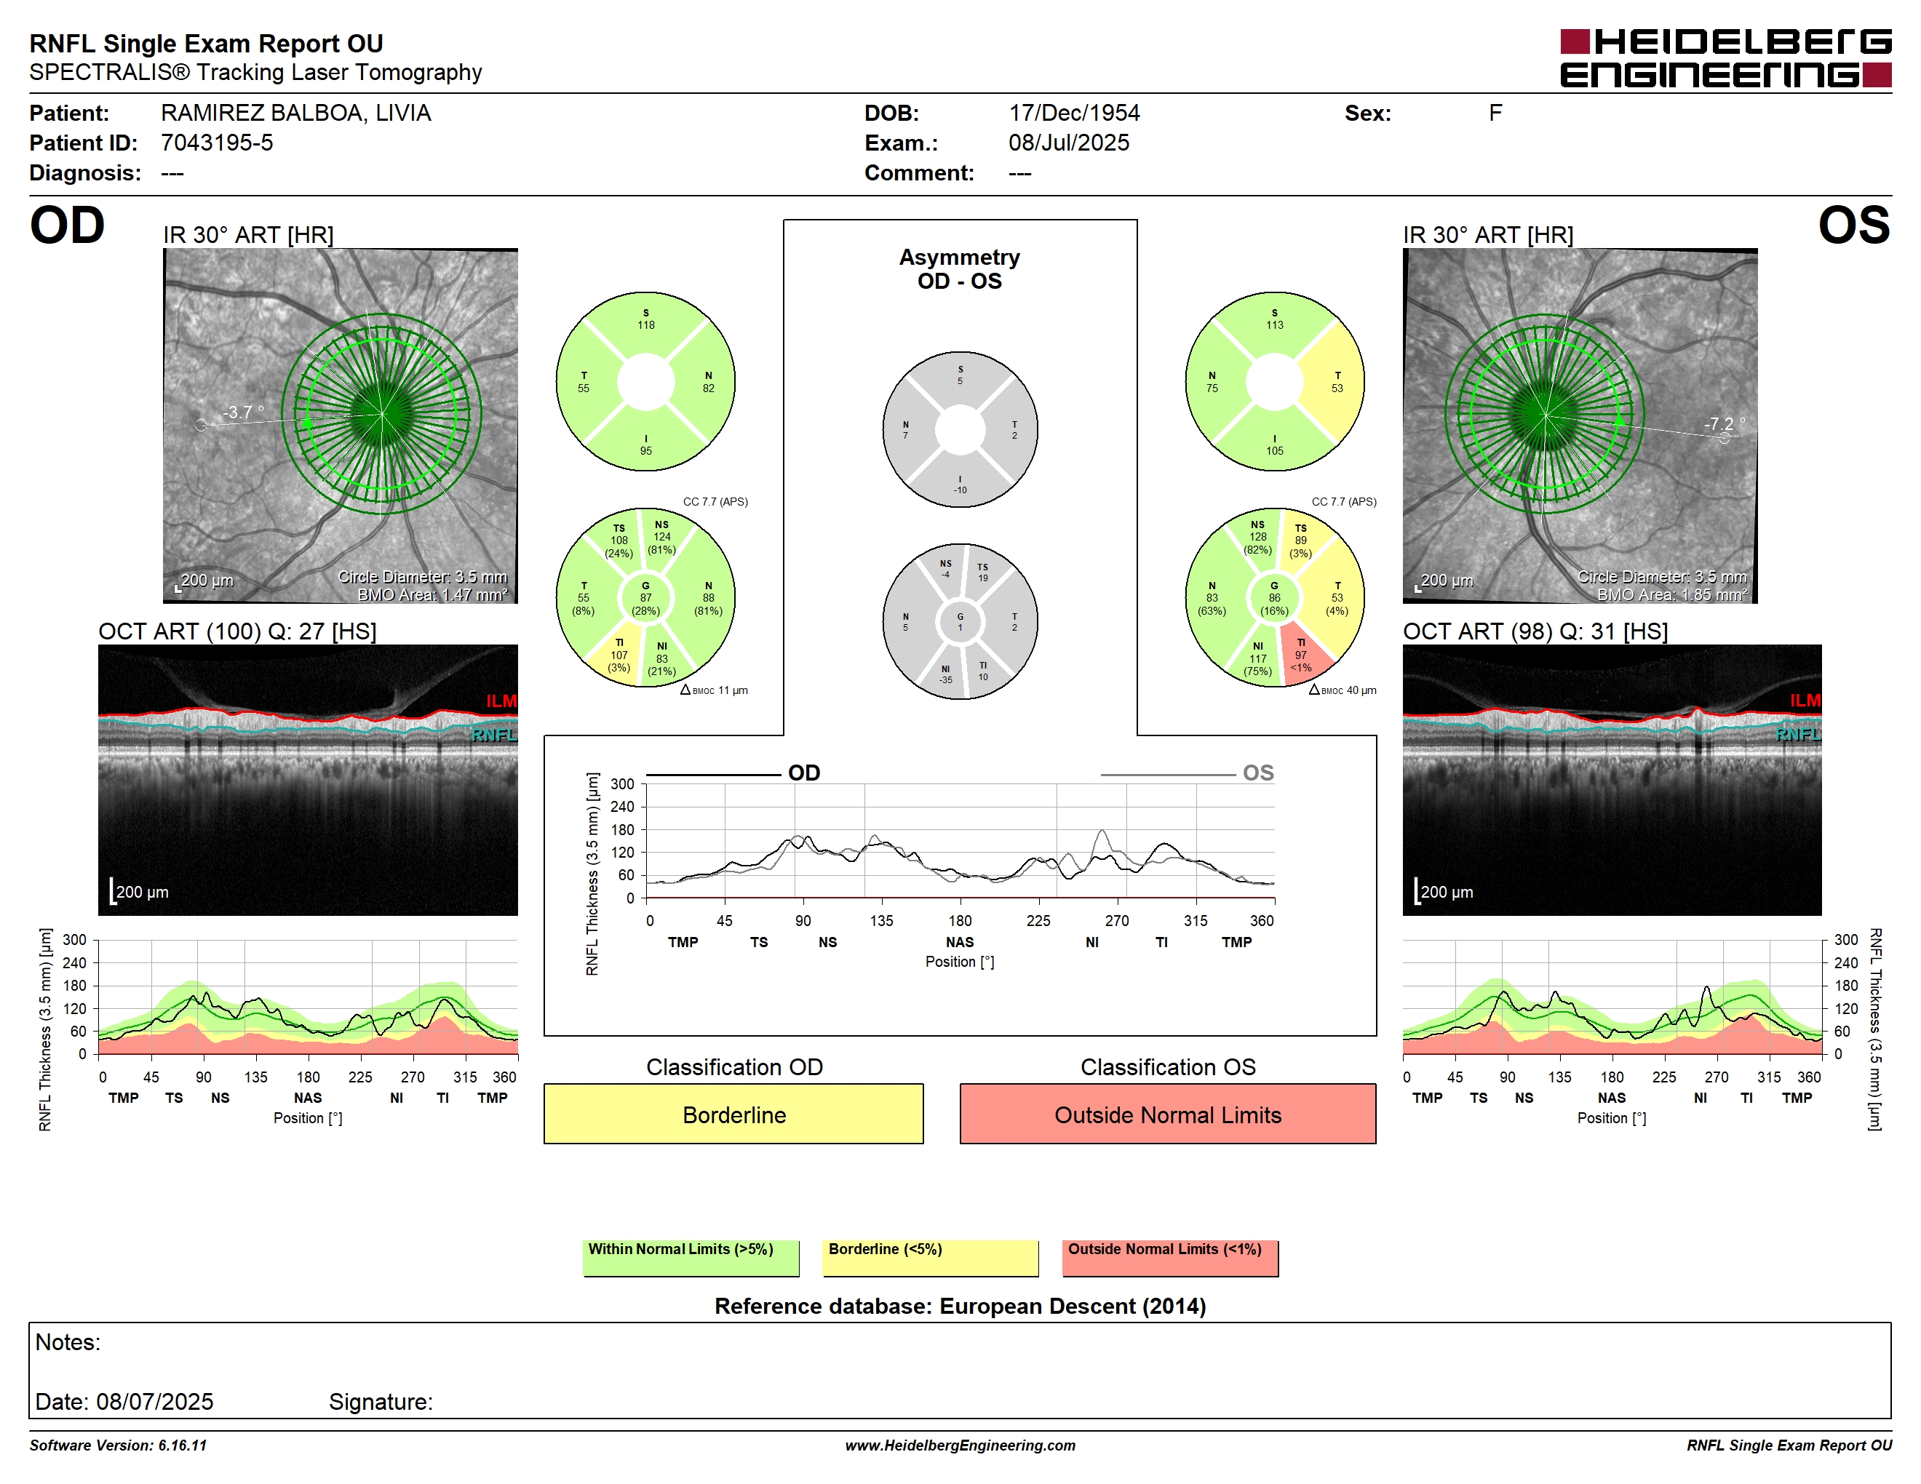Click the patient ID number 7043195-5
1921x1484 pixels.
coord(216,143)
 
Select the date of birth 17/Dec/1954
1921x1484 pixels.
coord(1074,113)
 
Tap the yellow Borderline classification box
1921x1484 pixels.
coord(733,1114)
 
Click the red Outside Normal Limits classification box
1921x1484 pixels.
coord(1167,1114)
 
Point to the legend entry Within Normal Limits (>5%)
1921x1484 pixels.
coord(691,1257)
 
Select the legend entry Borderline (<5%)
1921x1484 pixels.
coord(931,1257)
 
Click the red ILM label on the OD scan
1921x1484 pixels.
coord(501,701)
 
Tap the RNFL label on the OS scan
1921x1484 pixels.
coord(1798,734)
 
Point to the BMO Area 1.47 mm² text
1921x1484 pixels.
coord(433,594)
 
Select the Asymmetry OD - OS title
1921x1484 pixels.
coord(960,269)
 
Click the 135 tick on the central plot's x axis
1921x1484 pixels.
coord(881,920)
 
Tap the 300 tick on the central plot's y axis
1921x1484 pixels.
coord(622,784)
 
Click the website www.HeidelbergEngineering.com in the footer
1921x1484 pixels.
coord(960,1445)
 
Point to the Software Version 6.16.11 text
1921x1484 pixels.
coord(118,1445)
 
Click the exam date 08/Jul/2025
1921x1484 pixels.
coord(1069,143)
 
